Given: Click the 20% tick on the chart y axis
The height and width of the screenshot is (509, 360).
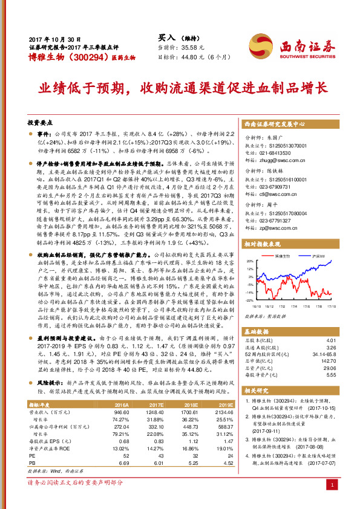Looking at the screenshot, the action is tap(250, 261).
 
